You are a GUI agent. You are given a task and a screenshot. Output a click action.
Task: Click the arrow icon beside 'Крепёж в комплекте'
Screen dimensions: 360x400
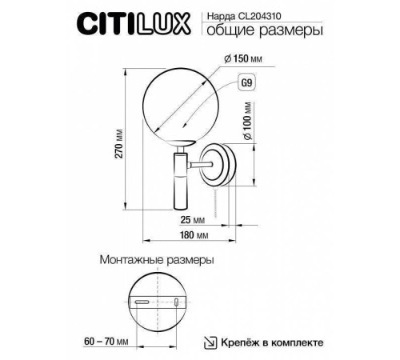pyautogui.click(x=210, y=342)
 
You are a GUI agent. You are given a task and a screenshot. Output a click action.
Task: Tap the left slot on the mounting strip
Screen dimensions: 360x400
pyautogui.click(x=143, y=302)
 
